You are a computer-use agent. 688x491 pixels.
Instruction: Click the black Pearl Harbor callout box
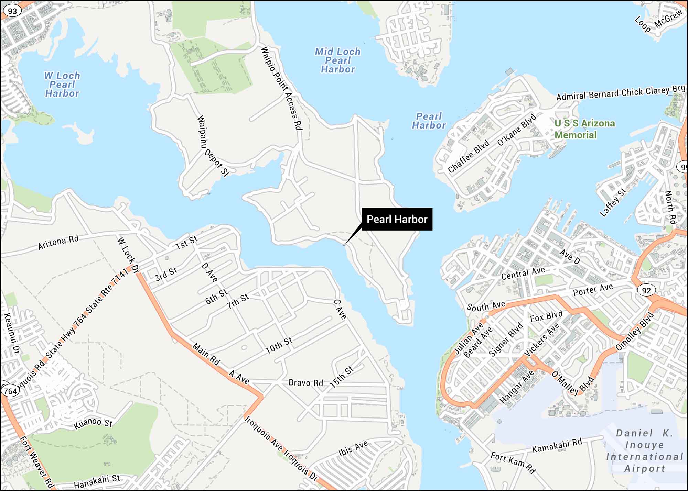coord(397,219)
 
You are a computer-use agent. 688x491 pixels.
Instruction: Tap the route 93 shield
coord(12,11)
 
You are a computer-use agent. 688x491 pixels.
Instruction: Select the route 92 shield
coord(646,290)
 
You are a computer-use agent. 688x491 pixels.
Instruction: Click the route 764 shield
coord(10,391)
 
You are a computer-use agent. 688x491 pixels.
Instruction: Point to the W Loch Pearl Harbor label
coord(62,84)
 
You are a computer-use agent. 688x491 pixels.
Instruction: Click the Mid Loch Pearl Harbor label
coord(338,60)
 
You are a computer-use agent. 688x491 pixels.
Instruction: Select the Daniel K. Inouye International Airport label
coord(644,450)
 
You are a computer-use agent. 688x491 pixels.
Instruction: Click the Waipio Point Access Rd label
coord(281,88)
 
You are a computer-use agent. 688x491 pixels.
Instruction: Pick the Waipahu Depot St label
coord(213,146)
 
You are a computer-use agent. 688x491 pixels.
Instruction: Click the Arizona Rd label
coord(58,242)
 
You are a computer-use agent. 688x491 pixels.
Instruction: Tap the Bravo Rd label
coord(306,382)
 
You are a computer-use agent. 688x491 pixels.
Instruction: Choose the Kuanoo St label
coord(93,423)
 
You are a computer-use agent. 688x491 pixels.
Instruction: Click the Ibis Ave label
coord(353,449)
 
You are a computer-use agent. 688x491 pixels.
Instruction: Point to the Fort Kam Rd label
coord(513,463)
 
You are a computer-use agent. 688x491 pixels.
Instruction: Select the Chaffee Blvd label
coord(468,156)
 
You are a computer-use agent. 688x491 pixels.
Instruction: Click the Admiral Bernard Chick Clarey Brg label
coord(621,93)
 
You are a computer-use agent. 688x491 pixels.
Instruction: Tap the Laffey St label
coord(613,203)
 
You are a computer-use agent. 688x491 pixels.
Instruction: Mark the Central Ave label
coord(523,273)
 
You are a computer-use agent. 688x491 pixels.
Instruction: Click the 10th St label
coord(279,345)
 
